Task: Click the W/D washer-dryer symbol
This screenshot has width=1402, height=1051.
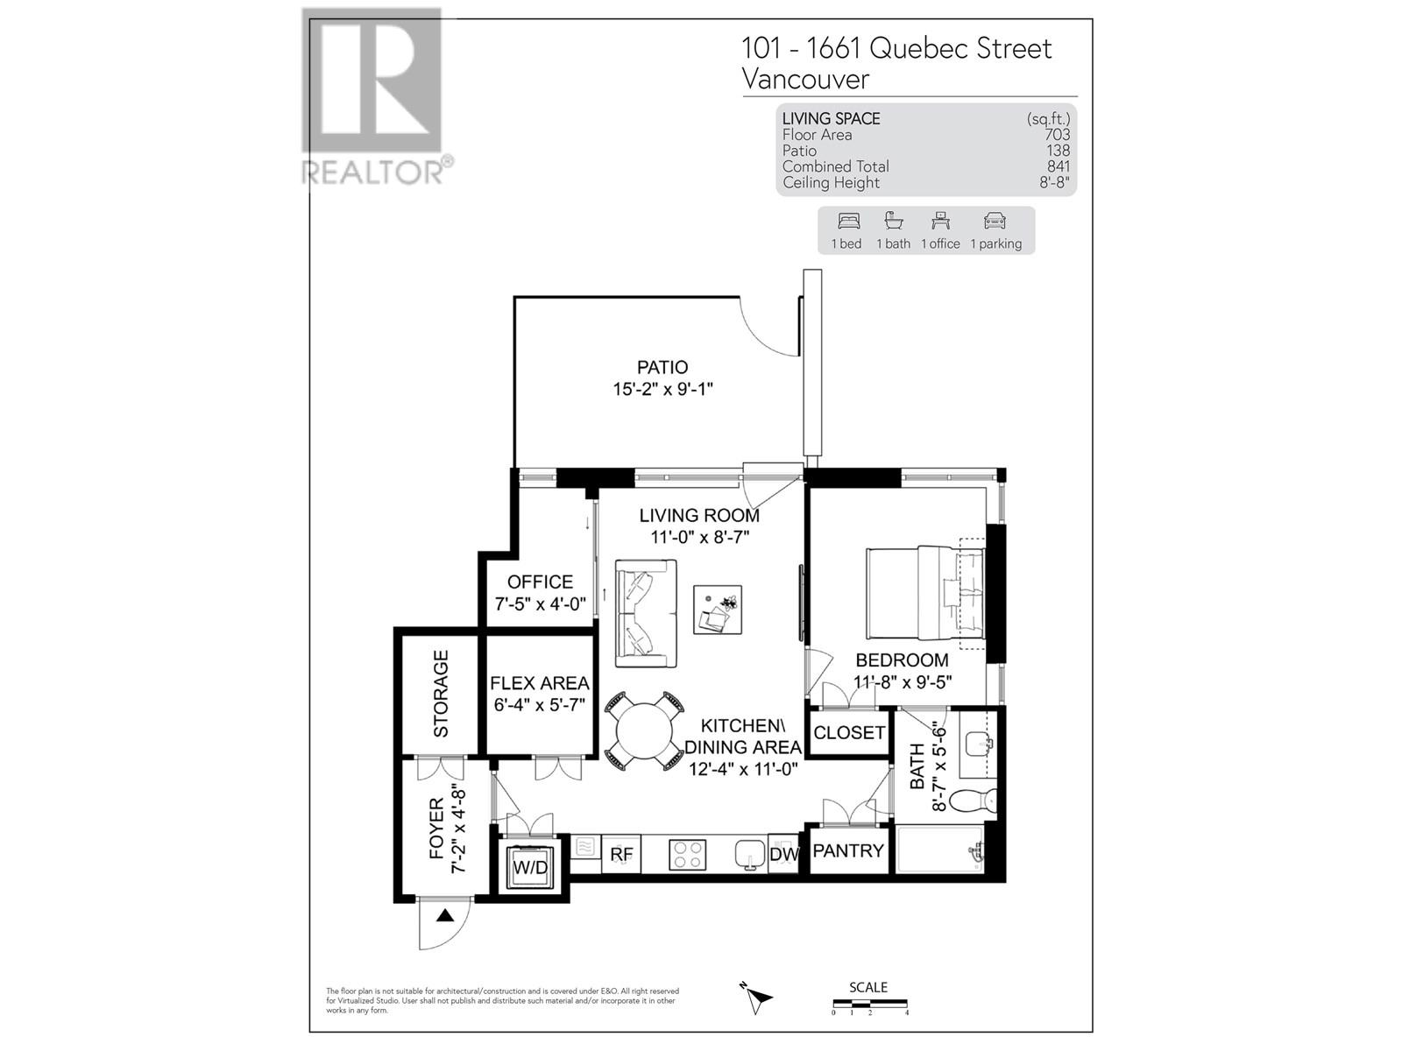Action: coord(529,867)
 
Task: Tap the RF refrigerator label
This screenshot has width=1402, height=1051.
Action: coord(621,854)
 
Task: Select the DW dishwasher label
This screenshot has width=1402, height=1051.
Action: coord(784,854)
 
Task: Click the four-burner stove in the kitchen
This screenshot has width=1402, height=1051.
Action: coord(688,855)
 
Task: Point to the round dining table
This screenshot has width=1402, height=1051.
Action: coord(644,731)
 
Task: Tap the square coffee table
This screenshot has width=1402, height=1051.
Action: coord(718,610)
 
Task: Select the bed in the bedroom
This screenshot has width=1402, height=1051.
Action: coord(926,594)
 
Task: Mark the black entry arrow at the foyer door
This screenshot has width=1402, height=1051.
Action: coord(445,916)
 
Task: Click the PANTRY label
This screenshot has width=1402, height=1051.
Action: coord(848,850)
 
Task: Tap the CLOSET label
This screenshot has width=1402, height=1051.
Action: coord(849,732)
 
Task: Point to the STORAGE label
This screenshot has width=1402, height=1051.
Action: coord(441,693)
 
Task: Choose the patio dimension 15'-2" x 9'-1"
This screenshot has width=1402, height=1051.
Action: coord(662,389)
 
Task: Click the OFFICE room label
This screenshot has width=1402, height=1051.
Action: coord(540,582)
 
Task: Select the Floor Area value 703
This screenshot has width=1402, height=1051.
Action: coord(1058,135)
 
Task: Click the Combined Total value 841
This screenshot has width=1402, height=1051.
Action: coord(1059,166)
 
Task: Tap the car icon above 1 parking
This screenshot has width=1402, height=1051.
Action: coord(995,221)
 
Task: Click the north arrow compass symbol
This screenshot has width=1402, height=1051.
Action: coord(756,997)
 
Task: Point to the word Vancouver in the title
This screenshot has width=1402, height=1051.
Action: coord(805,79)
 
